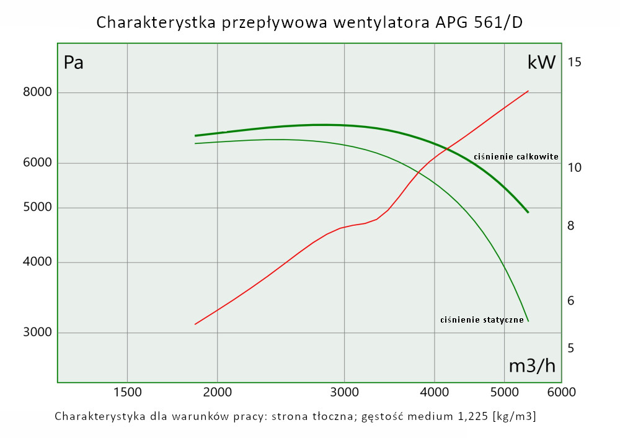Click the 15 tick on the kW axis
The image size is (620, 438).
[574, 62]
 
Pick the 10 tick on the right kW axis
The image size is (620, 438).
[574, 168]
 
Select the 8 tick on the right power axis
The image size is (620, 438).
[571, 226]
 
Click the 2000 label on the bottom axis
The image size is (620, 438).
[217, 392]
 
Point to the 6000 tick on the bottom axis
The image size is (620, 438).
[562, 392]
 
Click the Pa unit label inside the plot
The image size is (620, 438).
[74, 63]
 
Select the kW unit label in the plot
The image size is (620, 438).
[541, 63]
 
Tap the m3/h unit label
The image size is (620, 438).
[532, 366]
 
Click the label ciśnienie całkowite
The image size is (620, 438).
[516, 157]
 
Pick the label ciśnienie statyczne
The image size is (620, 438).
[482, 320]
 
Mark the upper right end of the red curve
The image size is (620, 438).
[528, 91]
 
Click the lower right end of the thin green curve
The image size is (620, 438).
[528, 321]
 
